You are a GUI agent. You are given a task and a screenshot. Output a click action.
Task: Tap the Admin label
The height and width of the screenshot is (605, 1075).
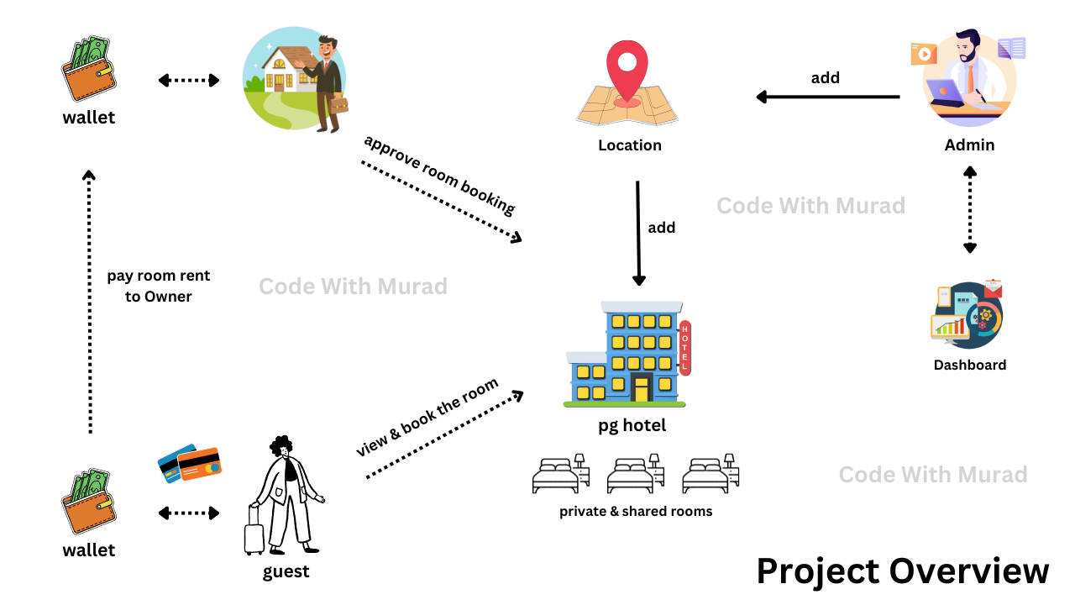tap(969, 145)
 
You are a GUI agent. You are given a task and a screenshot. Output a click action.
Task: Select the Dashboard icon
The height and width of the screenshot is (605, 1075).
tap(967, 315)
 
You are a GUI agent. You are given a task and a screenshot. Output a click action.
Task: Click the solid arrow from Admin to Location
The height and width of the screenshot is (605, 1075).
tap(827, 97)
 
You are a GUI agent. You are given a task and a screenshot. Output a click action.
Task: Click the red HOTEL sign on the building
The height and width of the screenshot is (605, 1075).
tap(684, 347)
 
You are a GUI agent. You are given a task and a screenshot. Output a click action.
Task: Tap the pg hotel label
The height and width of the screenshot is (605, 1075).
tap(632, 426)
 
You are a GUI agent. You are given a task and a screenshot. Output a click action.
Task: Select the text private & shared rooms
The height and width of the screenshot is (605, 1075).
tap(636, 511)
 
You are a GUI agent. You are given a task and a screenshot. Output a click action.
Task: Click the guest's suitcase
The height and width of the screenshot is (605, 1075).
tap(254, 532)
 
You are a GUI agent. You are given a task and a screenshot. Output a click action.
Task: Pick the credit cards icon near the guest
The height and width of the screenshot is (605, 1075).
tap(190, 463)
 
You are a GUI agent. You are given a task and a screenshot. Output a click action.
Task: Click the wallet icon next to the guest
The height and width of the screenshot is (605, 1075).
tap(88, 503)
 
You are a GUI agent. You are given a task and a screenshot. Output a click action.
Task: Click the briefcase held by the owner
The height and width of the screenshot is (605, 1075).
tap(339, 106)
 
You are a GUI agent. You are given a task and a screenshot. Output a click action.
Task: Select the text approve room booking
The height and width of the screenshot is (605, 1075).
tap(439, 174)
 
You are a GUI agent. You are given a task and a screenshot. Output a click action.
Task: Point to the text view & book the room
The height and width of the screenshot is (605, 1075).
tap(427, 418)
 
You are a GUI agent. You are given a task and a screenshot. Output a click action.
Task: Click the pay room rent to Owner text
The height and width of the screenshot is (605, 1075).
tap(158, 286)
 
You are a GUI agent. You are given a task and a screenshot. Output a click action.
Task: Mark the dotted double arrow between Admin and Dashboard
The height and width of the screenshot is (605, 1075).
tap(970, 209)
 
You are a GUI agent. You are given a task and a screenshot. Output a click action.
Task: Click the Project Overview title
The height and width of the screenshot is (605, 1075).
tap(903, 571)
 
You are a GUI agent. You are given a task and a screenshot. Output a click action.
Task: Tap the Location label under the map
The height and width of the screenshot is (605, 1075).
tap(630, 145)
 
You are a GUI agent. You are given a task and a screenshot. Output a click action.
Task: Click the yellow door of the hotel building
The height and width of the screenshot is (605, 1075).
tap(642, 388)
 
